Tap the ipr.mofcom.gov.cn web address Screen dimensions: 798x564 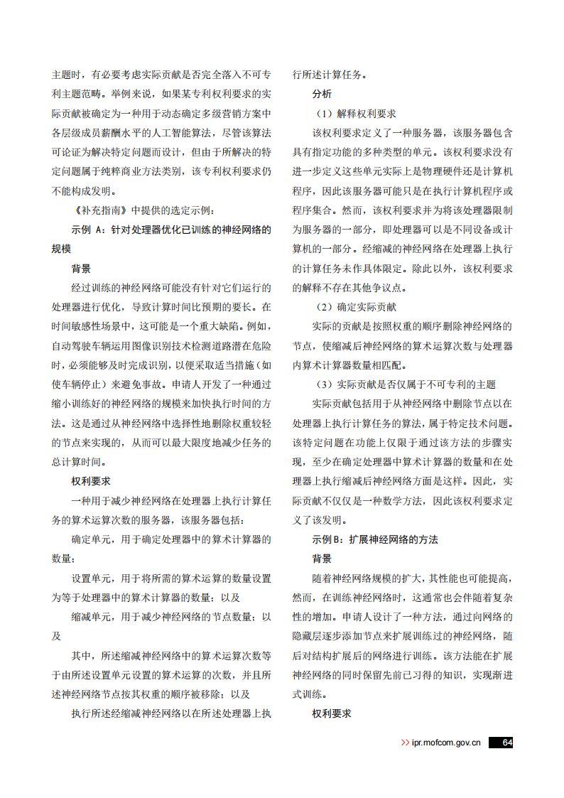coord(446,743)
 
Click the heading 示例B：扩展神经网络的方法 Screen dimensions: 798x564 coord(375,539)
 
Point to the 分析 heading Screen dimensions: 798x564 coord(321,94)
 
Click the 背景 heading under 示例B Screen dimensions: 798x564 coord(321,559)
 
